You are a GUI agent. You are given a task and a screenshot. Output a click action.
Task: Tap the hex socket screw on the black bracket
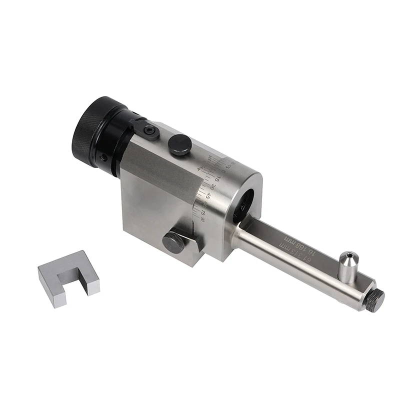tap(149, 131)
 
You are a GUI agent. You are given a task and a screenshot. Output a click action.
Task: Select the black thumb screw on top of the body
tap(179, 144)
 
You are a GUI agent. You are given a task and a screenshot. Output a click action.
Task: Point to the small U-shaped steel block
tap(69, 277)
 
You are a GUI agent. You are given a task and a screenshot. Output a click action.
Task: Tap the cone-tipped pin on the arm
tap(347, 265)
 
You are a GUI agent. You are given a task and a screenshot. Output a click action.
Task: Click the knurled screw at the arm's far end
tap(374, 300)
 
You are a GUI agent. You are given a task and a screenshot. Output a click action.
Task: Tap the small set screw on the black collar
tap(103, 157)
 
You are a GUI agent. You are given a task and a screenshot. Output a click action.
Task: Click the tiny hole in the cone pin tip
tap(346, 256)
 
